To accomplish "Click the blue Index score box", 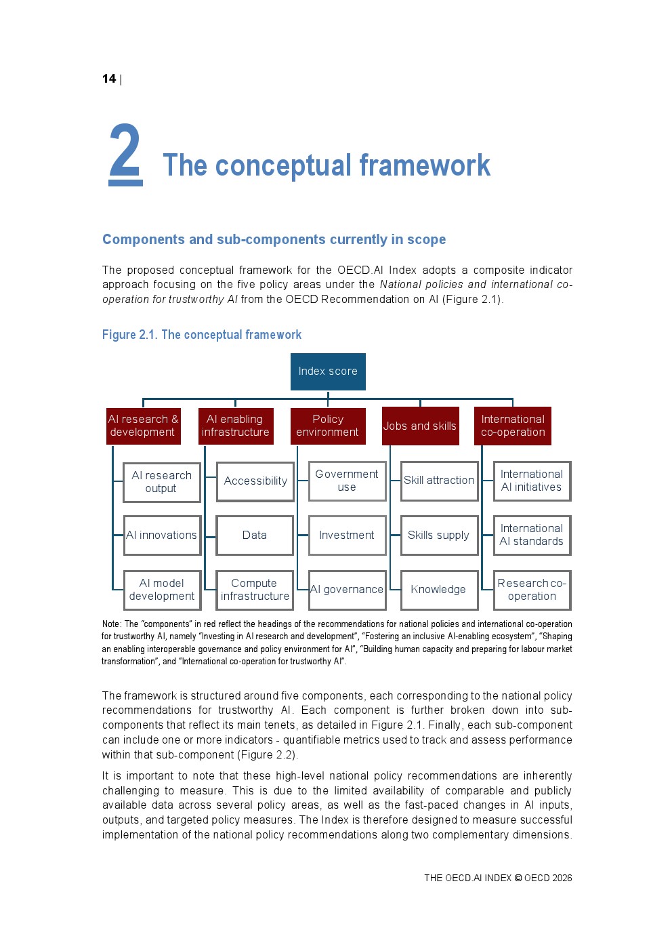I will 328,371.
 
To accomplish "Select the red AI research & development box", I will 144,426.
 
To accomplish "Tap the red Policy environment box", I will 328,426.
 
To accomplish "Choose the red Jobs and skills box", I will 420,426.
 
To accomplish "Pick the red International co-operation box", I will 512,426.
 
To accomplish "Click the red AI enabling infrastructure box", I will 236,426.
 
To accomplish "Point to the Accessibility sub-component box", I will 255,481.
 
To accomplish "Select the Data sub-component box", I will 255,535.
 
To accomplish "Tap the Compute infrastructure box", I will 255,590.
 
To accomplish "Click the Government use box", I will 347,481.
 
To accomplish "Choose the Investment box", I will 347,535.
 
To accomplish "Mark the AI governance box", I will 347,590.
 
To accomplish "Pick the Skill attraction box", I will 439,481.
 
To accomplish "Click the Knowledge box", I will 439,590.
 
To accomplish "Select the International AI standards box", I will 532,535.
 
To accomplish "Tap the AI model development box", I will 162,590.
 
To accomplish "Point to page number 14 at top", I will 109,79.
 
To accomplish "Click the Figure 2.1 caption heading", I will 202,335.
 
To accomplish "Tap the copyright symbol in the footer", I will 518,878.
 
